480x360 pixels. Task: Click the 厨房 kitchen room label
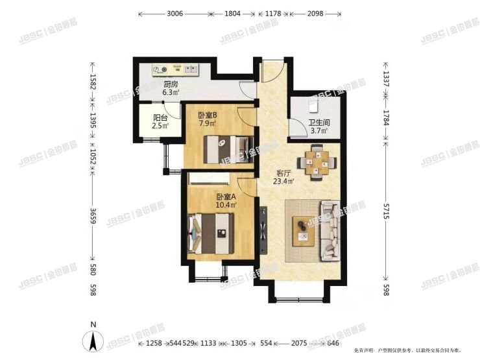171,84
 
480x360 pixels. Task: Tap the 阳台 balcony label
160,118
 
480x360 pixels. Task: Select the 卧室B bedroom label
208,115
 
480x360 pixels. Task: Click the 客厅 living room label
283,173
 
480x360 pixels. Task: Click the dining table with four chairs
317,162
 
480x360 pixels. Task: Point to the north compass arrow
94,339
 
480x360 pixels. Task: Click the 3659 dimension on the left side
93,216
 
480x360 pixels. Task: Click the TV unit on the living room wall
264,224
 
